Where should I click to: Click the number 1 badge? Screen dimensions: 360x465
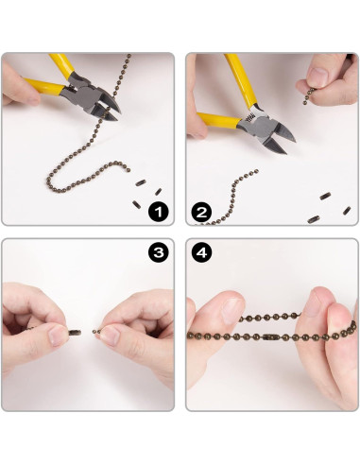(x=159, y=212)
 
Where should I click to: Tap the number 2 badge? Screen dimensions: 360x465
(x=201, y=212)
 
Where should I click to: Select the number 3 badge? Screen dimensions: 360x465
(x=159, y=252)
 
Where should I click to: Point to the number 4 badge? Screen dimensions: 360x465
(x=201, y=252)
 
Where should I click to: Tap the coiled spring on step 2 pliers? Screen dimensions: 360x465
(x=250, y=117)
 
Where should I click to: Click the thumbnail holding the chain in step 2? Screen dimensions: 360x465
(x=317, y=77)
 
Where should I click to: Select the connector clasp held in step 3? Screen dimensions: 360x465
(x=75, y=333)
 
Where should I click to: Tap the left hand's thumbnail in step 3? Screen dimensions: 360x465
(x=57, y=336)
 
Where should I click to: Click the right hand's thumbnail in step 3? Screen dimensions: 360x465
(x=108, y=336)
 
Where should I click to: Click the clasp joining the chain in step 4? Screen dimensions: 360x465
(x=269, y=337)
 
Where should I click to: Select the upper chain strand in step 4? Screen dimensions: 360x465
(x=270, y=317)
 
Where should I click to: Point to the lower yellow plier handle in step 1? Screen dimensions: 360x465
(x=44, y=87)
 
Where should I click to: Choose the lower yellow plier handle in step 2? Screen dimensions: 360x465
(x=218, y=120)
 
